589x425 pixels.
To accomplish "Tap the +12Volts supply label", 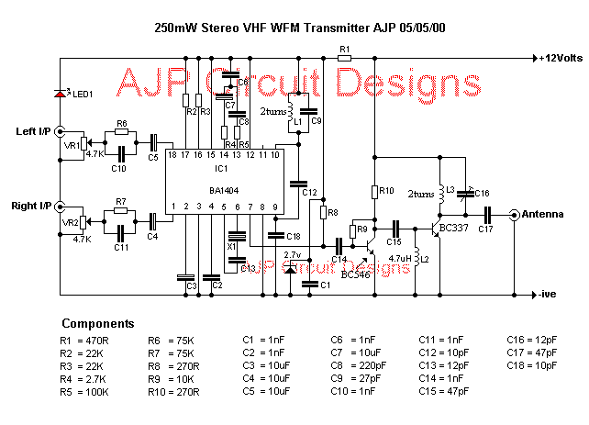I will (561, 57).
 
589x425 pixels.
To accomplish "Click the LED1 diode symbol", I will (61, 93).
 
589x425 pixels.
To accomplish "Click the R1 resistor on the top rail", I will (344, 57).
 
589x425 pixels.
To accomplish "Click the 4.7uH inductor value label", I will (400, 258).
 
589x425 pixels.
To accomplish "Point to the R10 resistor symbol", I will (375, 191).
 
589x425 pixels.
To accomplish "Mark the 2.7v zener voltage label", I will (293, 254).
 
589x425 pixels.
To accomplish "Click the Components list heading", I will (97, 324).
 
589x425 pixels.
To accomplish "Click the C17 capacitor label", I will (485, 229).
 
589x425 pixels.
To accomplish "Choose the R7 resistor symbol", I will (119, 212).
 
